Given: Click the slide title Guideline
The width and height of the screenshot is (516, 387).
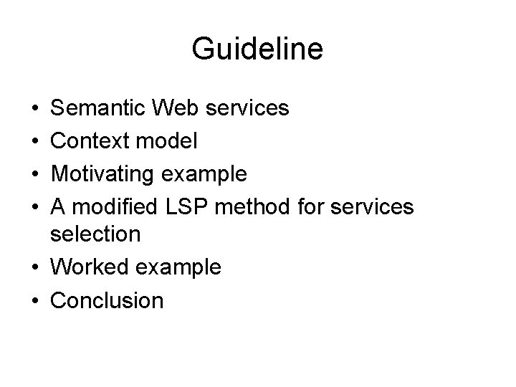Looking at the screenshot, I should [x=257, y=49].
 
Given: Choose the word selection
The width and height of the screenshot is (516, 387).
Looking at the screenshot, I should [x=95, y=234].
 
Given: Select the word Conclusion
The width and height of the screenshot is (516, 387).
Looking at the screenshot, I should [x=107, y=300].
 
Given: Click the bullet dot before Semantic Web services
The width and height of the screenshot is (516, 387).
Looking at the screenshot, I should [x=36, y=109].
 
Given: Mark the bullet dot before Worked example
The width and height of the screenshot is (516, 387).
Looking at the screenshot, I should [x=36, y=267].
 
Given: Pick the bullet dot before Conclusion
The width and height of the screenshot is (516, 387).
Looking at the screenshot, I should [x=36, y=300].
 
